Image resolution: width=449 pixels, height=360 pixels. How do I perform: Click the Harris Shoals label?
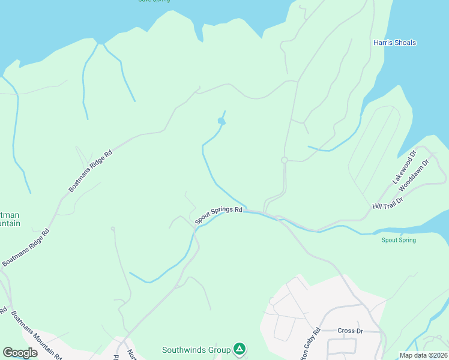(x=394, y=43)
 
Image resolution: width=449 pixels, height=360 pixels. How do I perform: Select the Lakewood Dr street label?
(x=404, y=167)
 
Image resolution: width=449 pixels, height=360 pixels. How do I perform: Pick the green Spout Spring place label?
(x=399, y=240)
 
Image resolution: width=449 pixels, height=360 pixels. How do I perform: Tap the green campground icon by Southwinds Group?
(x=240, y=349)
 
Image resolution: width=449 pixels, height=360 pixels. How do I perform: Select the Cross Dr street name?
(x=351, y=331)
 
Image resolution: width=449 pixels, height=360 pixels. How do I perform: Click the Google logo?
(x=20, y=353)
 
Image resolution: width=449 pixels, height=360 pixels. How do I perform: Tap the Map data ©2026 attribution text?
(x=423, y=355)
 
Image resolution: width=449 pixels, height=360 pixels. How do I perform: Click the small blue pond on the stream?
(x=221, y=122)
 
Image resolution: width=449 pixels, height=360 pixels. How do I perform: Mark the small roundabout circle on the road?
(x=285, y=160)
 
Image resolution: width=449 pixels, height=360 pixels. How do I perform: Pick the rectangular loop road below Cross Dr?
(x=342, y=346)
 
